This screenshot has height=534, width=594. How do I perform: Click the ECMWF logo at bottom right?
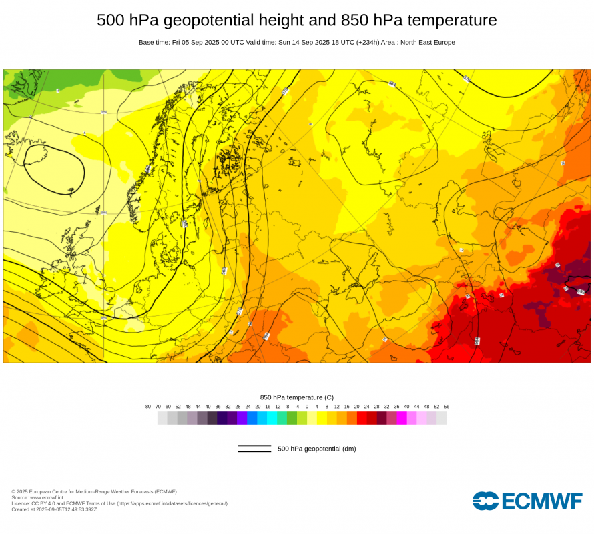pyautogui.click(x=527, y=501)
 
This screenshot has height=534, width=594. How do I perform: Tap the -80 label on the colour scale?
pyautogui.click(x=147, y=406)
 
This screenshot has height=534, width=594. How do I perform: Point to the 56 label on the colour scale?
pyautogui.click(x=447, y=406)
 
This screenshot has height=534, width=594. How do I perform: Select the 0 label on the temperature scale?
pyautogui.click(x=307, y=406)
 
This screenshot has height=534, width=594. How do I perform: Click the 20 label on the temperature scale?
pyautogui.click(x=357, y=406)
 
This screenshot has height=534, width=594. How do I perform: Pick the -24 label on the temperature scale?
pyautogui.click(x=247, y=406)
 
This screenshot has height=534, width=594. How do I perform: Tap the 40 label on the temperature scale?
pyautogui.click(x=406, y=406)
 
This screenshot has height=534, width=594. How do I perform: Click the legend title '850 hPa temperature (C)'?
pyautogui.click(x=297, y=397)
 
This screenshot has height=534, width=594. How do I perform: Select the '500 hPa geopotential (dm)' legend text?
pyautogui.click(x=317, y=449)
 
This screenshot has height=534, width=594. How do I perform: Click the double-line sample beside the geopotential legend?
pyautogui.click(x=254, y=449)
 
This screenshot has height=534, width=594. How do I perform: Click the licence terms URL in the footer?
pyautogui.click(x=172, y=503)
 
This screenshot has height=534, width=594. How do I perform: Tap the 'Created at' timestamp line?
pyautogui.click(x=54, y=509)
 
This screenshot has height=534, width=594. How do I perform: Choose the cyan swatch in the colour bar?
pyautogui.click(x=272, y=418)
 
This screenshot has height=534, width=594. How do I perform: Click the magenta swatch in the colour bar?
pyautogui.click(x=402, y=418)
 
